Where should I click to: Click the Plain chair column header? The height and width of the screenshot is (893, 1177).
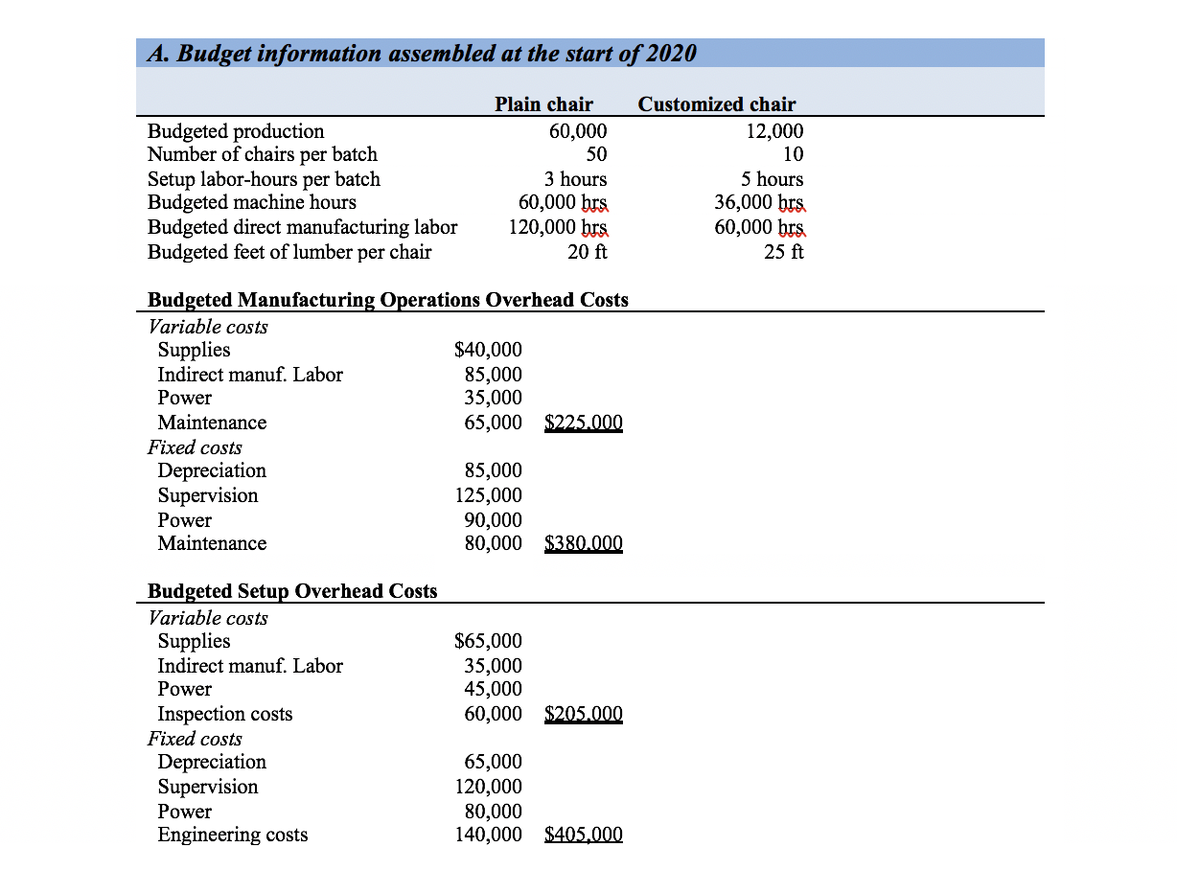543,104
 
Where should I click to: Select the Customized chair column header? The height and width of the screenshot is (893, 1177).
716,104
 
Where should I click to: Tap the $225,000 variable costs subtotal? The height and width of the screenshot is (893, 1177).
583,423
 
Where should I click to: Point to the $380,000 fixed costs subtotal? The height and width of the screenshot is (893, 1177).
583,543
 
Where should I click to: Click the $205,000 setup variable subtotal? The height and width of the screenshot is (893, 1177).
583,714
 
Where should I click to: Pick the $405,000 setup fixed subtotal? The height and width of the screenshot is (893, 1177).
583,835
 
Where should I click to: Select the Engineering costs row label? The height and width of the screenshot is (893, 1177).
233,835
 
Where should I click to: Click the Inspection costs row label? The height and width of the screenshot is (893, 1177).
225,714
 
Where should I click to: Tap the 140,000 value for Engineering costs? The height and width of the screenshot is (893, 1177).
489,835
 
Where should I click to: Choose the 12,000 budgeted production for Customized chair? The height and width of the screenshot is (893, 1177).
774,131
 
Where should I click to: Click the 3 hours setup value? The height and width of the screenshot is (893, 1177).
575,179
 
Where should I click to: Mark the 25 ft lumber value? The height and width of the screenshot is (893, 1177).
784,252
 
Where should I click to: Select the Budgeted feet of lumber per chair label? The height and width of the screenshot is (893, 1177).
289,252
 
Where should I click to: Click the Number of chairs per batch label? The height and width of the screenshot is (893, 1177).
263,154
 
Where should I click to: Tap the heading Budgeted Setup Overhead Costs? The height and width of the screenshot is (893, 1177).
292,591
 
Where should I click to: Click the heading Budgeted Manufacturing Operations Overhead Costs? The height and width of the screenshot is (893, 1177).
388,300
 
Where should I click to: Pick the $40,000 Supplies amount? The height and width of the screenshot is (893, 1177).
488,350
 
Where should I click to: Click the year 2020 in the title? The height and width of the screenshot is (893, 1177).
670,54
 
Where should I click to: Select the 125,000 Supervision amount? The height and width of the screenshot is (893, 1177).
489,495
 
